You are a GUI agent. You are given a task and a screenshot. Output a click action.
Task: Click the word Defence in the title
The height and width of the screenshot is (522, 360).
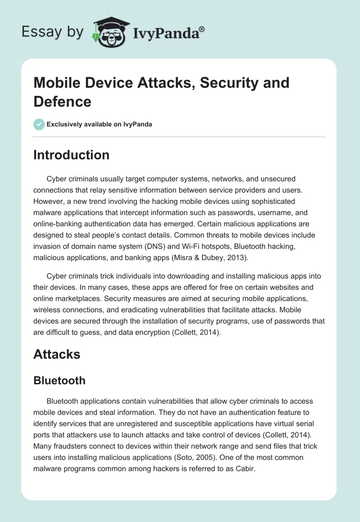click(63, 101)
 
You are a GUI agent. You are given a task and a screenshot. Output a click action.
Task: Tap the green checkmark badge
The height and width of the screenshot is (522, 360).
click(39, 124)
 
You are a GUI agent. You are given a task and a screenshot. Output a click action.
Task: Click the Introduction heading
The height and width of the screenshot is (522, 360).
click(71, 155)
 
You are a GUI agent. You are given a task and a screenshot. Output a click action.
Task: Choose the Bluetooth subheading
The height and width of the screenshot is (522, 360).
click(59, 380)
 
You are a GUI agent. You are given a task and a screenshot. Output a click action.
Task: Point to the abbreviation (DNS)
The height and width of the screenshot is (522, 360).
click(163, 247)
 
